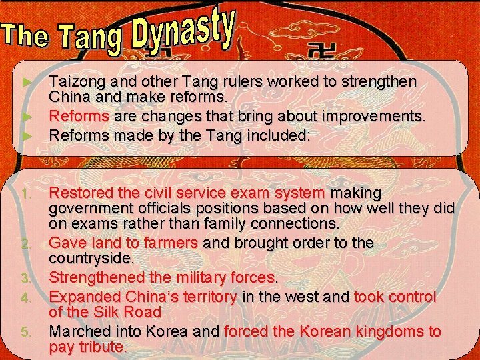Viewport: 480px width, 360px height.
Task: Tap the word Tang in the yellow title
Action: [89, 38]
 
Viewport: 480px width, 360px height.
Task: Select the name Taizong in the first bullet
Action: [75, 82]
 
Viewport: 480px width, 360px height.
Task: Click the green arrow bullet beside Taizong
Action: [27, 82]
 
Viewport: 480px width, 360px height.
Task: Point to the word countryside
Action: [91, 257]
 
